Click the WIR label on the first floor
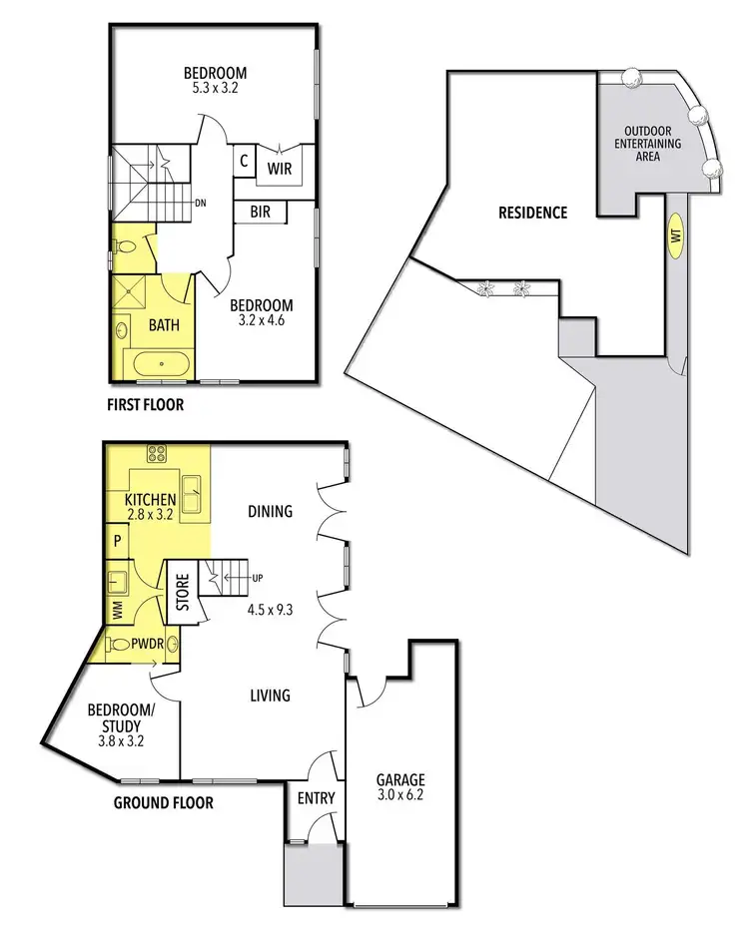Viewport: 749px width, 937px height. point(279,169)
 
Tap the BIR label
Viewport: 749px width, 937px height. point(261,213)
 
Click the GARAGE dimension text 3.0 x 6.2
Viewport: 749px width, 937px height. point(399,797)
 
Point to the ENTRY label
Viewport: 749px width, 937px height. point(316,798)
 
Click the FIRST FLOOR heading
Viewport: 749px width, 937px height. point(146,405)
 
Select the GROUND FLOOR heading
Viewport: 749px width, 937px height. point(163,802)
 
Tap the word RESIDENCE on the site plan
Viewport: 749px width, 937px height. point(533,213)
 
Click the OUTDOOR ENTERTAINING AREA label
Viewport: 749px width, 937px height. point(652,144)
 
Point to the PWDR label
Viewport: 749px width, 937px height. point(146,645)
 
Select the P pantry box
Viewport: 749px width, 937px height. point(117,541)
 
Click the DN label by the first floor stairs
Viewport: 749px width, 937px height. point(200,204)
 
